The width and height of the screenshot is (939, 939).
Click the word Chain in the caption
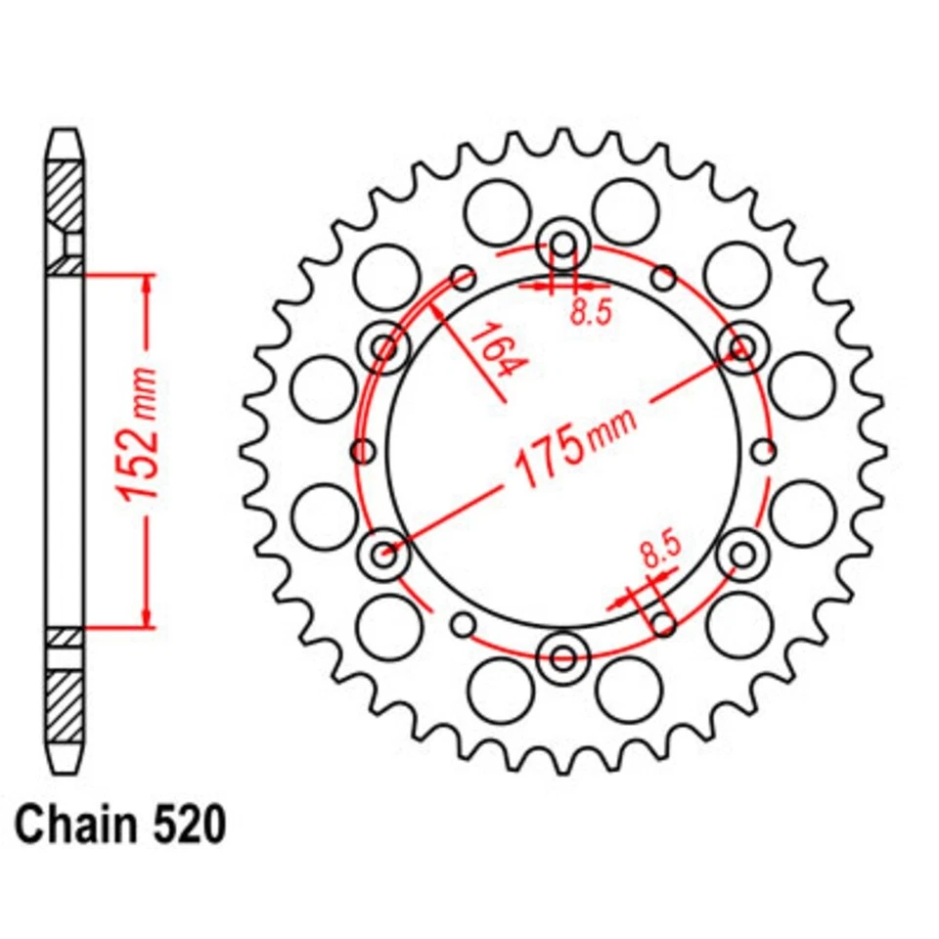tap(74, 825)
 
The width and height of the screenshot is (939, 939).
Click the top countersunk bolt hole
tap(564, 241)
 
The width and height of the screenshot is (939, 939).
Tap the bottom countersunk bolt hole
tap(564, 656)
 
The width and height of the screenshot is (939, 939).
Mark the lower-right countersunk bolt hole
tap(744, 554)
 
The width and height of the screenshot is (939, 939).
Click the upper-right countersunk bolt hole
tap(744, 346)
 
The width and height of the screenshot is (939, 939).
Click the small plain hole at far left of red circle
tap(363, 451)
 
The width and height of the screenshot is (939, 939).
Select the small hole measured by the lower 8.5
tap(664, 623)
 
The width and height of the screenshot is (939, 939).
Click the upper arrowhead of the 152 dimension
tap(148, 283)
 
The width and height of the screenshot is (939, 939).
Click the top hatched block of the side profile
tap(66, 197)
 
